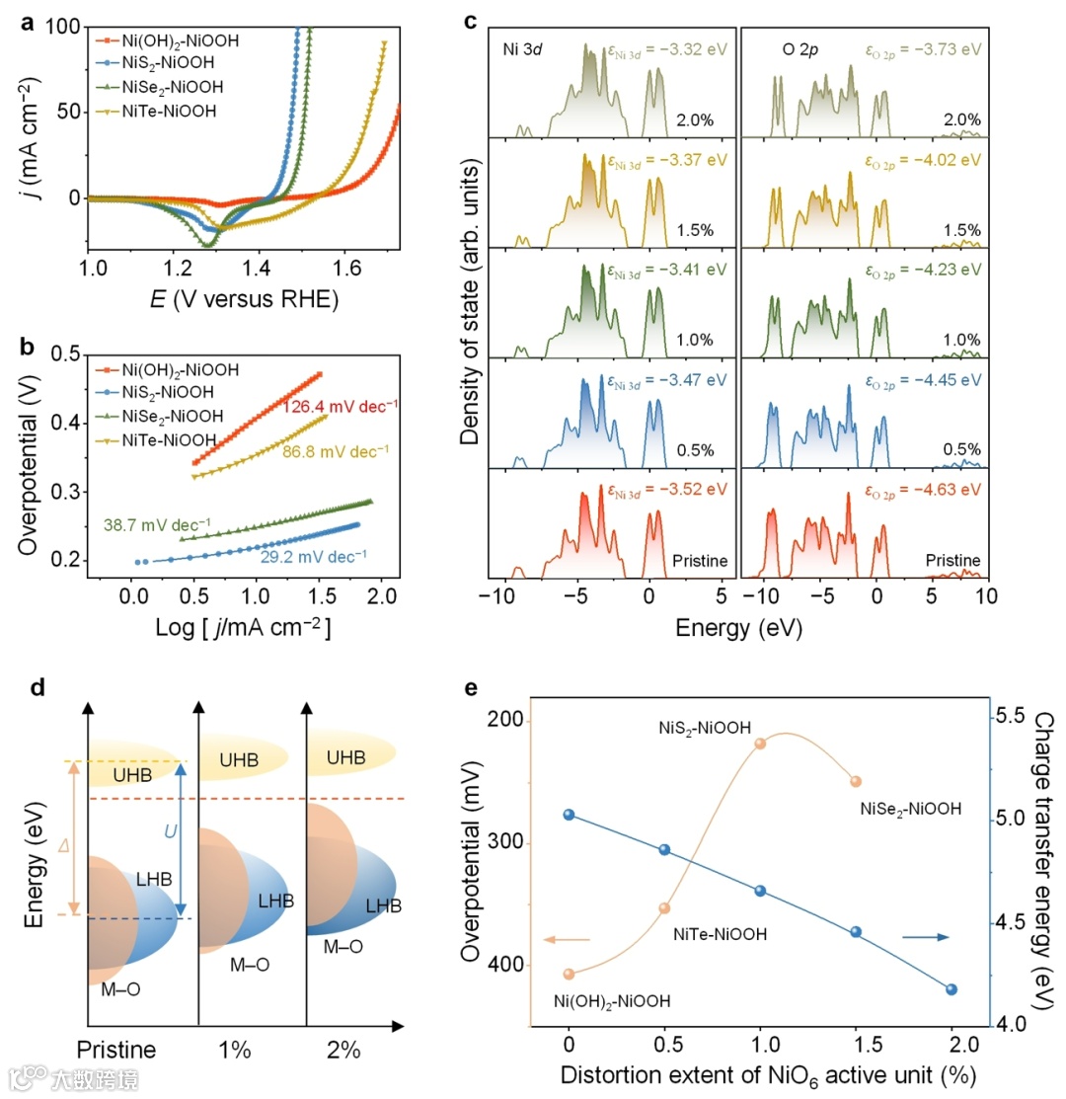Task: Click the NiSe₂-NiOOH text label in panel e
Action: coord(910,810)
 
